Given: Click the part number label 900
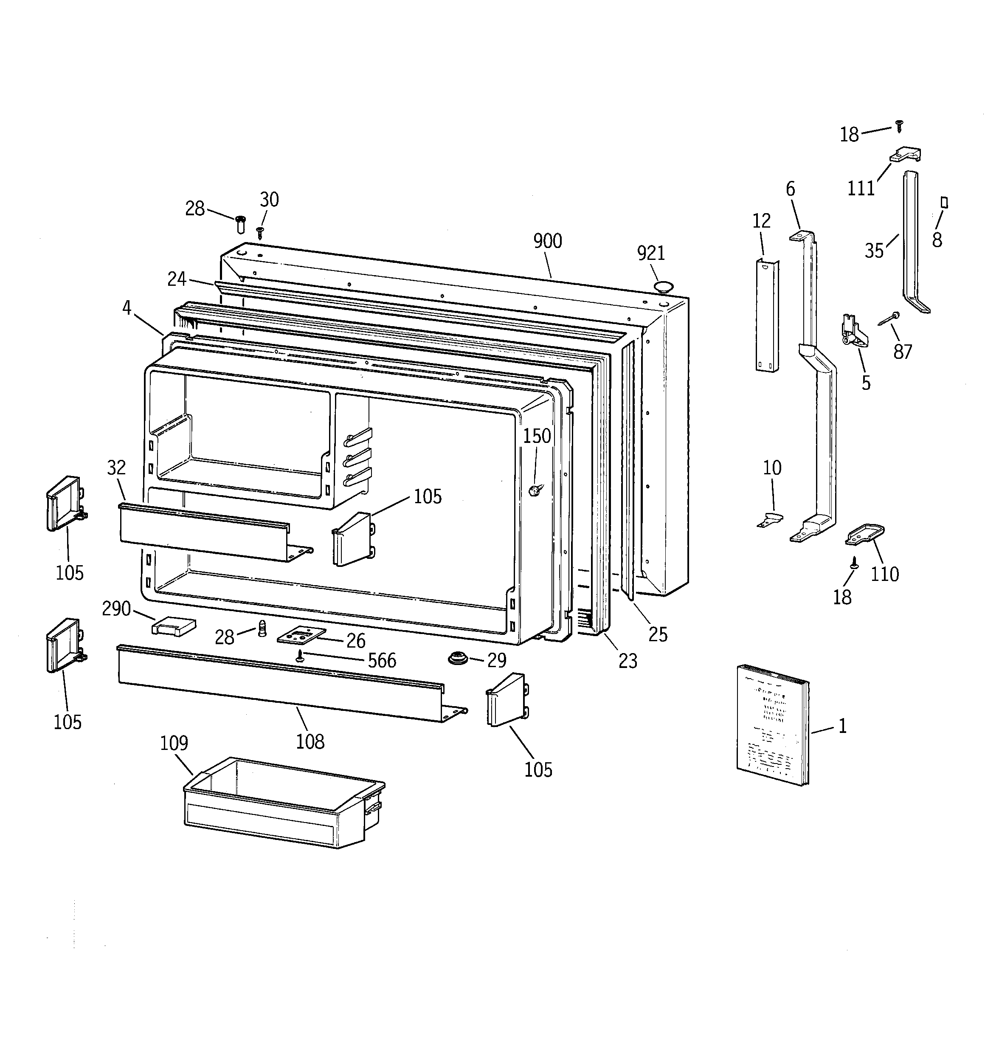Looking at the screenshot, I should [x=547, y=241].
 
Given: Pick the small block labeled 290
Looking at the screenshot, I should [x=173, y=626].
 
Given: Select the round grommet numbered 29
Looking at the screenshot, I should [x=457, y=659].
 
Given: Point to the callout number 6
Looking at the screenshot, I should [x=790, y=189].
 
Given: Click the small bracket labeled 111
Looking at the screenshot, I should [x=906, y=155].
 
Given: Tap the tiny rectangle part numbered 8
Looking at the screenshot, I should [x=944, y=203].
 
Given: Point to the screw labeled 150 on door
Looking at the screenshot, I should [x=534, y=490].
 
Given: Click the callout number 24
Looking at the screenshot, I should [x=177, y=279].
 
